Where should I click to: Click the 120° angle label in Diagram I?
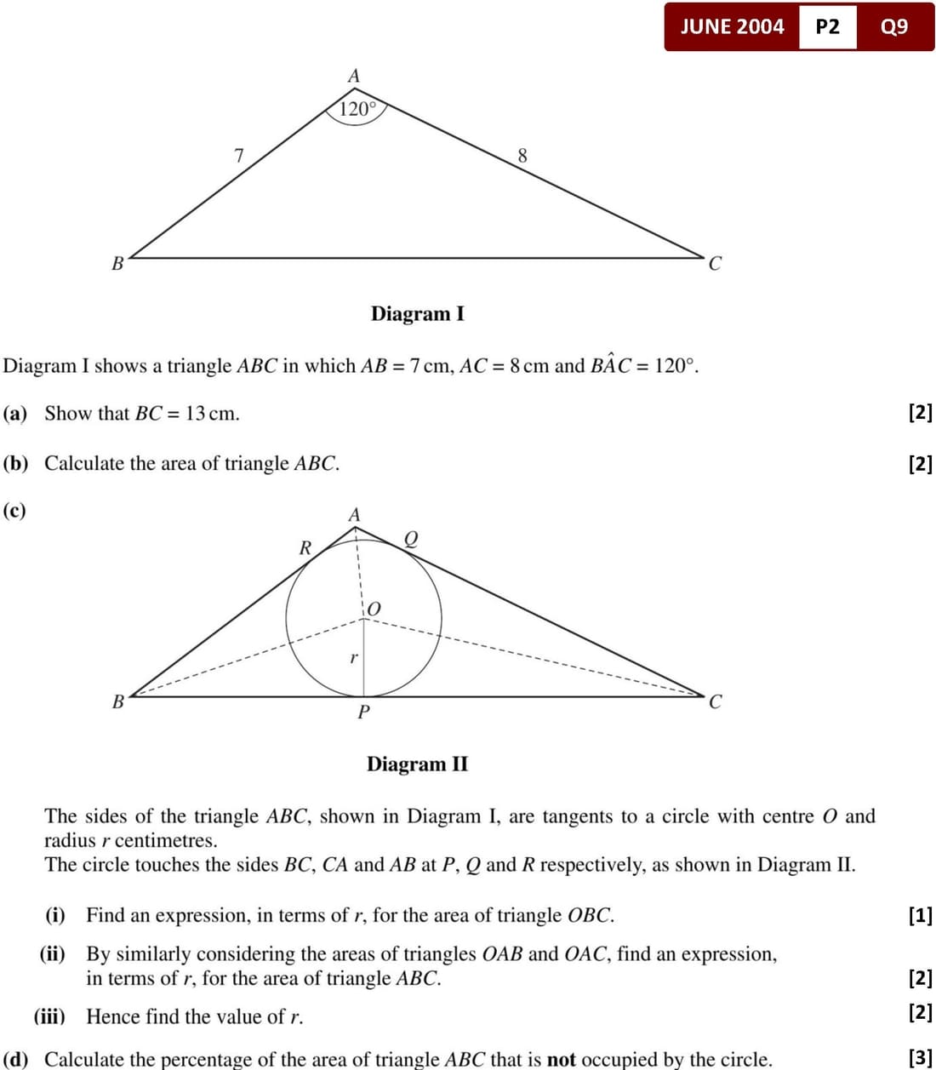point(357,109)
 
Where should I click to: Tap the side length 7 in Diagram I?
point(239,156)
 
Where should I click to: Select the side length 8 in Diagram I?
point(522,156)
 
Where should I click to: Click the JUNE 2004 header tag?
point(732,26)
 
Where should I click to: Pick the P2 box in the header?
point(827,26)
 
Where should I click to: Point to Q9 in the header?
point(894,26)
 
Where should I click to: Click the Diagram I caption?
point(417,314)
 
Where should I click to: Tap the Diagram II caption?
point(417,764)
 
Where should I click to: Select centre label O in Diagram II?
point(373,609)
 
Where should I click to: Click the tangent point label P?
point(363,712)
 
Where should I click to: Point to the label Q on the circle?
point(411,539)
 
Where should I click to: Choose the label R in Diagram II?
point(305,548)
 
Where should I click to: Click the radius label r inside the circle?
point(353,657)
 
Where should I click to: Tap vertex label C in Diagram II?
point(715,702)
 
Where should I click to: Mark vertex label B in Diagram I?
point(118,263)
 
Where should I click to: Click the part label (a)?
point(15,414)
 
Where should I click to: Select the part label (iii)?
point(49,1016)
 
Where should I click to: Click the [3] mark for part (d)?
point(921,1058)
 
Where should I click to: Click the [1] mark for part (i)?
point(921,916)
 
